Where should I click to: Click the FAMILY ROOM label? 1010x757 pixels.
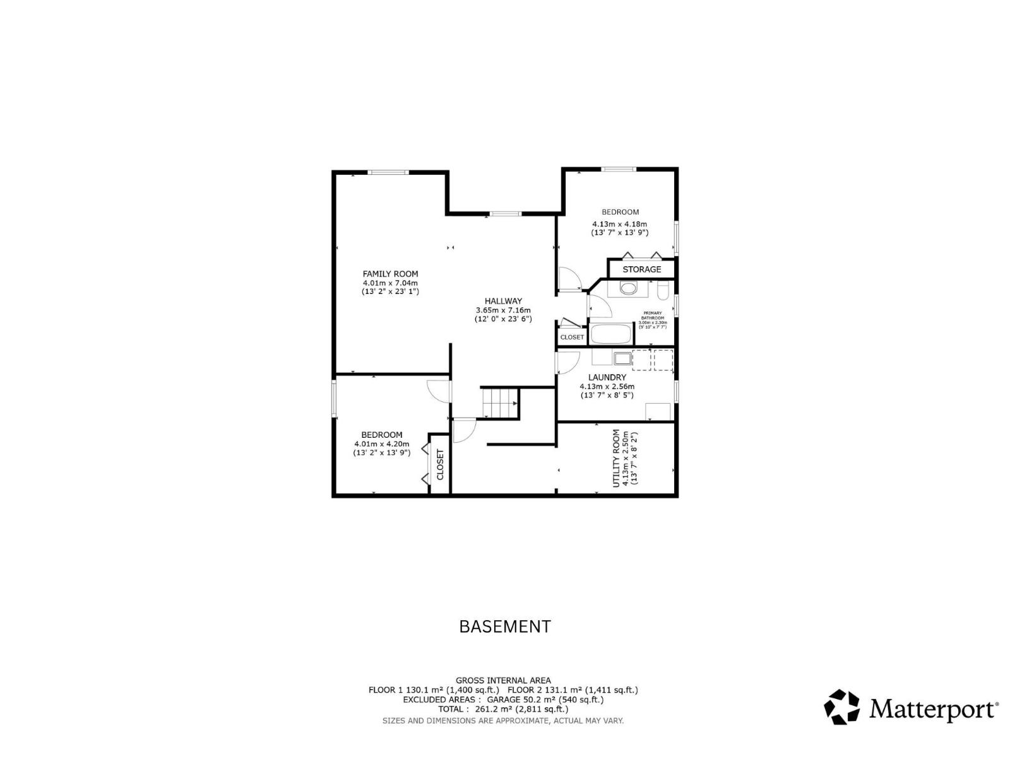[390, 274]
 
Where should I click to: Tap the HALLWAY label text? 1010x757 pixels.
[503, 301]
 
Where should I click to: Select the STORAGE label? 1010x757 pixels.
[641, 269]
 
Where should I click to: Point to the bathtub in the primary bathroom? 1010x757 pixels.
[611, 334]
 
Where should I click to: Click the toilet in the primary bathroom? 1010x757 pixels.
[663, 291]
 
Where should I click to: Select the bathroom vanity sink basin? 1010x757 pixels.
[628, 289]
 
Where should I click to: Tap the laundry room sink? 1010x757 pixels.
[622, 359]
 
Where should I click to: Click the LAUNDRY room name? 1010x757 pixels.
[607, 377]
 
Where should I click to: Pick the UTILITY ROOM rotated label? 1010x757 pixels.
[617, 459]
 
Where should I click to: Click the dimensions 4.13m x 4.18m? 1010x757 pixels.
[619, 224]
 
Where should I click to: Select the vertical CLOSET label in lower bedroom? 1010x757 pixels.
[440, 464]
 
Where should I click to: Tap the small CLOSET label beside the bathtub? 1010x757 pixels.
[572, 337]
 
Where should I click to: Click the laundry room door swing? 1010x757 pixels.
[567, 362]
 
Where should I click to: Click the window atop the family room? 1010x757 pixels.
[388, 172]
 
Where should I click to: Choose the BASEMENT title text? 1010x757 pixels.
[504, 626]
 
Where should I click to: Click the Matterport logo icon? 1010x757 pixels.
[842, 707]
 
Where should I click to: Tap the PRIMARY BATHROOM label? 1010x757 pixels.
[652, 315]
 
